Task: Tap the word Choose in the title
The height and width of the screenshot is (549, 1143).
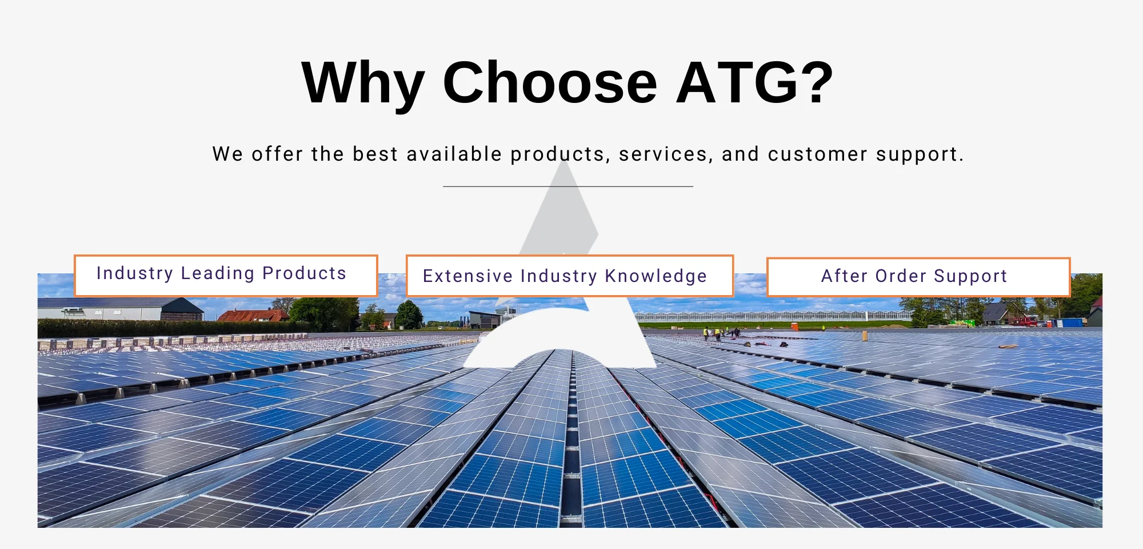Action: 550,83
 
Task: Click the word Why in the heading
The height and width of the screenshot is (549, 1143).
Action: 363,85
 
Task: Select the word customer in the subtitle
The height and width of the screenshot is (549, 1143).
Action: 817,154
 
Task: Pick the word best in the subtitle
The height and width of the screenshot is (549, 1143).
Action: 375,154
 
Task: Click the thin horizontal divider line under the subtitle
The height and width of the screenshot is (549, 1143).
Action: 568,186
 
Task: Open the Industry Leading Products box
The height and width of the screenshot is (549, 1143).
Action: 226,276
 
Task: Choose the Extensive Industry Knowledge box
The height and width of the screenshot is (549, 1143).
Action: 570,276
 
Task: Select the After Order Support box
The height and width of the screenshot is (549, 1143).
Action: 918,277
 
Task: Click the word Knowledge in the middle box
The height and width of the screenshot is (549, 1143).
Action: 656,277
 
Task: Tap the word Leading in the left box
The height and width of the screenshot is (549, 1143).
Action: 218,274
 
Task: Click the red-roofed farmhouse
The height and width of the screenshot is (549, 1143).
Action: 253,315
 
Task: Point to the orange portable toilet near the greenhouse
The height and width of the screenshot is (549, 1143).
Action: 794,326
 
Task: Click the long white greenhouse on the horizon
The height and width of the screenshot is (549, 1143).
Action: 772,316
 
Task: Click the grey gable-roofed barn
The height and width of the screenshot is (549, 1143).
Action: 121,309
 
